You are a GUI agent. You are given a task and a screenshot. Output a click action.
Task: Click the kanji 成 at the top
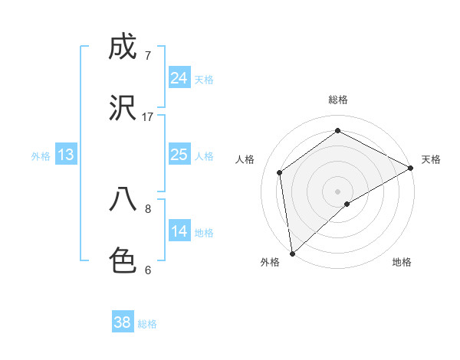123,48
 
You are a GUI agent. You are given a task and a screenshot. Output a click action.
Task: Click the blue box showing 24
179,78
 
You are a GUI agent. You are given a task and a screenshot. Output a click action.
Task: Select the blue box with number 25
179,155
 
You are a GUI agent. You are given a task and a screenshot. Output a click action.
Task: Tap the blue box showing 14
179,232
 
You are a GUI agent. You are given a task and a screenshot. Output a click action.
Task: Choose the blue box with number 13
66,155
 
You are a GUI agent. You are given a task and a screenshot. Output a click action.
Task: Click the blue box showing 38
123,322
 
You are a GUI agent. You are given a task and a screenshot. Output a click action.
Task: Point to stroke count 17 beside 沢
148,116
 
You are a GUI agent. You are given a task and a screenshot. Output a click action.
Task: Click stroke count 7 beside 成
148,56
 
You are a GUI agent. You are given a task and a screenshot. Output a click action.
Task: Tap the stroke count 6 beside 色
148,270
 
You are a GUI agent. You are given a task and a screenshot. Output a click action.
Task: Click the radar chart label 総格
337,100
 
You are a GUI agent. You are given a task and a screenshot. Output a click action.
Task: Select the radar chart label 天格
431,159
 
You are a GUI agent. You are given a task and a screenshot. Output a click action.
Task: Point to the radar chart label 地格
402,262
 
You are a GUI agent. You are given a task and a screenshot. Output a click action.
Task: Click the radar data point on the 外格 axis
292,253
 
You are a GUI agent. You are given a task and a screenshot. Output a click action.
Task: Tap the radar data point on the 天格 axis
411,168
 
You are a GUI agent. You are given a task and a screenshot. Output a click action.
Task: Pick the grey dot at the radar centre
337,191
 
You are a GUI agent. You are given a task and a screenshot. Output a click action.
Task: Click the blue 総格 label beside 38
147,324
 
